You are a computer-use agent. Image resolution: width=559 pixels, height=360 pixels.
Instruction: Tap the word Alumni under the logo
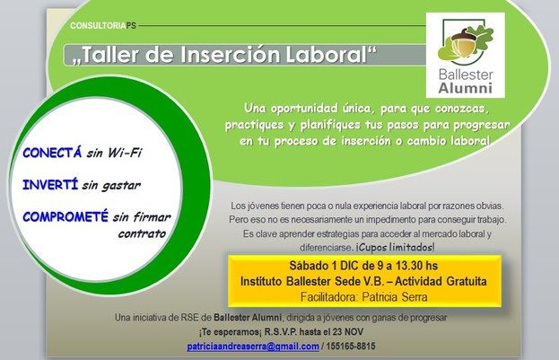click(466, 88)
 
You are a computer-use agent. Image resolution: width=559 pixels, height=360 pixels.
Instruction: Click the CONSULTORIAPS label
click(103, 26)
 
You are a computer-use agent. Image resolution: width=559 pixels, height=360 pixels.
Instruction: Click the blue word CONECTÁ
click(52, 153)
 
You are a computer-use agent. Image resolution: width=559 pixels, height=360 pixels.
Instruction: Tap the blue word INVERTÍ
click(50, 185)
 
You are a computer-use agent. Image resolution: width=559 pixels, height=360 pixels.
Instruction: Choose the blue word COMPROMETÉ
click(66, 216)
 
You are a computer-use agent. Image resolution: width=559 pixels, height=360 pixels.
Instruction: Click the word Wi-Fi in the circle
click(125, 153)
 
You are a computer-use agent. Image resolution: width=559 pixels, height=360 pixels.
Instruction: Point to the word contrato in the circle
click(142, 234)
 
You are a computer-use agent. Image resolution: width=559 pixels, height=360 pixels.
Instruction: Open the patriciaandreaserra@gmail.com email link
click(253, 347)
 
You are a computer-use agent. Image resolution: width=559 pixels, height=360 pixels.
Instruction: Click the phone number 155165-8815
click(351, 347)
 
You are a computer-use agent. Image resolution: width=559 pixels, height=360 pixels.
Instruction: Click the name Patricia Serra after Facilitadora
click(395, 297)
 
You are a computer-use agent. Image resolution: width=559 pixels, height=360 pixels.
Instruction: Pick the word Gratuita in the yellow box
click(467, 281)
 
